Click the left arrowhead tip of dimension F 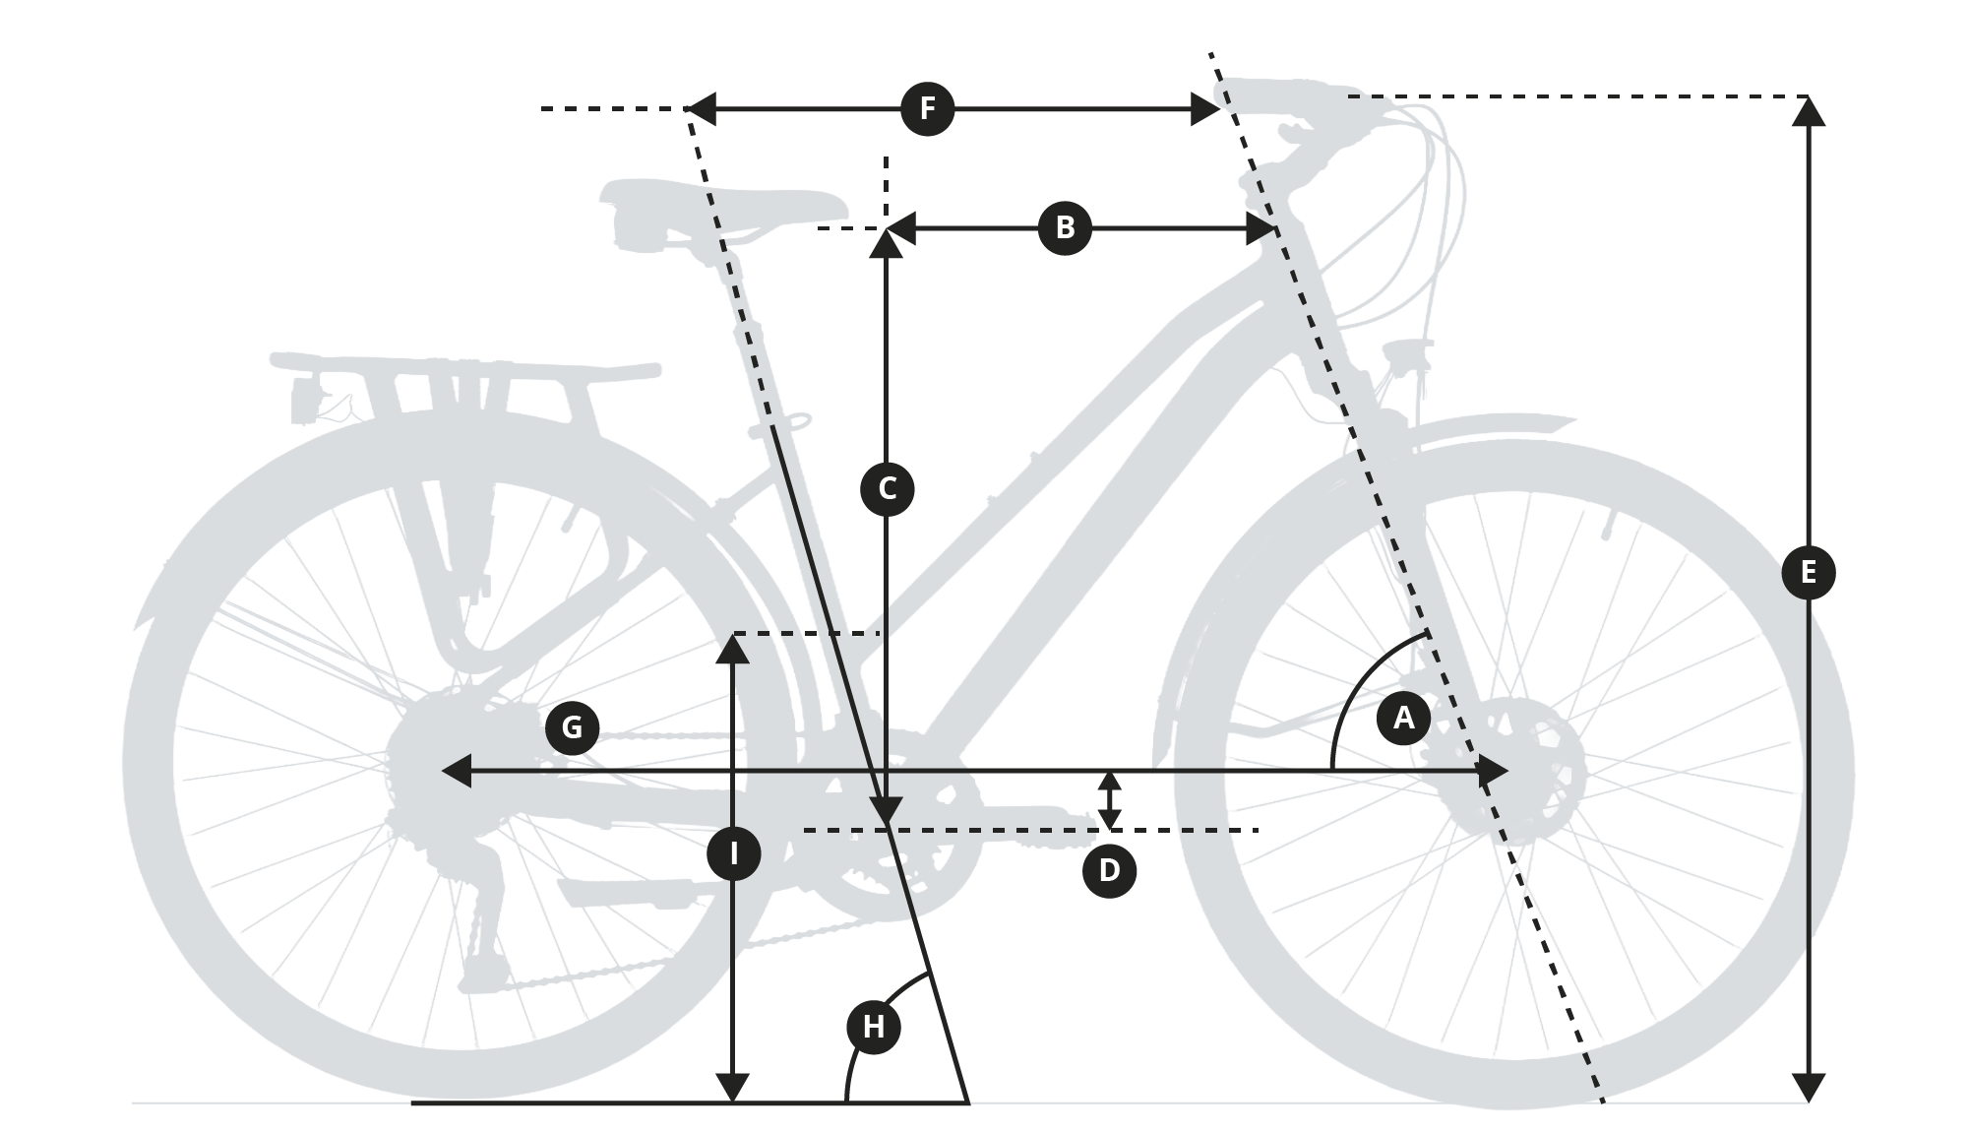tap(689, 109)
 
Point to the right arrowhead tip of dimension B tap(1277, 229)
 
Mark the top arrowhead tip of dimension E tap(1809, 97)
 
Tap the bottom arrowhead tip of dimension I tap(733, 1102)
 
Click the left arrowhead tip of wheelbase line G tap(442, 772)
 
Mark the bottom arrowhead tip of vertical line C tap(887, 825)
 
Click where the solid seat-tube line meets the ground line tap(968, 1102)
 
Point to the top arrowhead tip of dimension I tap(733, 635)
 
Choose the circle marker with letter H tap(874, 1027)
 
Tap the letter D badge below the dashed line tap(1109, 871)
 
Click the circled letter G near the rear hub tap(572, 727)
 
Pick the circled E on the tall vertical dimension tap(1809, 572)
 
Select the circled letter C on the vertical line tap(887, 489)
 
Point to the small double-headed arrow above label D tap(1109, 800)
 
